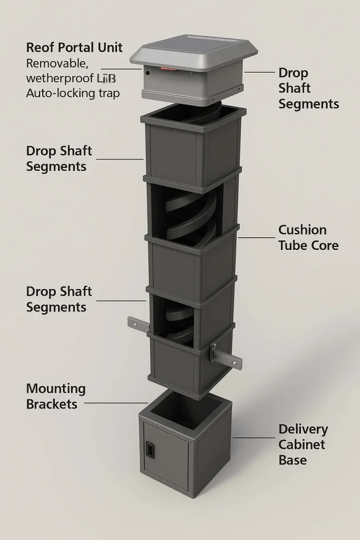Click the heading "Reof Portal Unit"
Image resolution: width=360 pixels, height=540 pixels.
coord(74,47)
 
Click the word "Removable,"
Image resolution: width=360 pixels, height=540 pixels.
coord(57,63)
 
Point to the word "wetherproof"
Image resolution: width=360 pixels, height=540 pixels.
coord(60,79)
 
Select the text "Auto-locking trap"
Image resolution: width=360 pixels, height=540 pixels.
coord(73,93)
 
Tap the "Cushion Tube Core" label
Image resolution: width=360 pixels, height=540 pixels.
coord(308,237)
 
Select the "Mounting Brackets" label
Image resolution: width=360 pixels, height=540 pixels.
coord(55,397)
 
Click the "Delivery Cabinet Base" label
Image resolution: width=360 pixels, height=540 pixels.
coord(303,444)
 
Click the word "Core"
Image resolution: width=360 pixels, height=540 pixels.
coord(324,245)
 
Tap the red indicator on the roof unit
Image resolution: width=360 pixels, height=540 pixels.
coord(167,69)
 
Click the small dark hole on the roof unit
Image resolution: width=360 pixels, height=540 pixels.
coord(148,73)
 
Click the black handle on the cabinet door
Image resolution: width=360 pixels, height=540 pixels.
coord(150,449)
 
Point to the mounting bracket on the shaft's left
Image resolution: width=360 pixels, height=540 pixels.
coord(137,322)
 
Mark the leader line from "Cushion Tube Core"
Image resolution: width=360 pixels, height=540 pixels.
coord(256,237)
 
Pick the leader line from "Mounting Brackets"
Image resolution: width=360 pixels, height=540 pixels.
coord(116,403)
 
